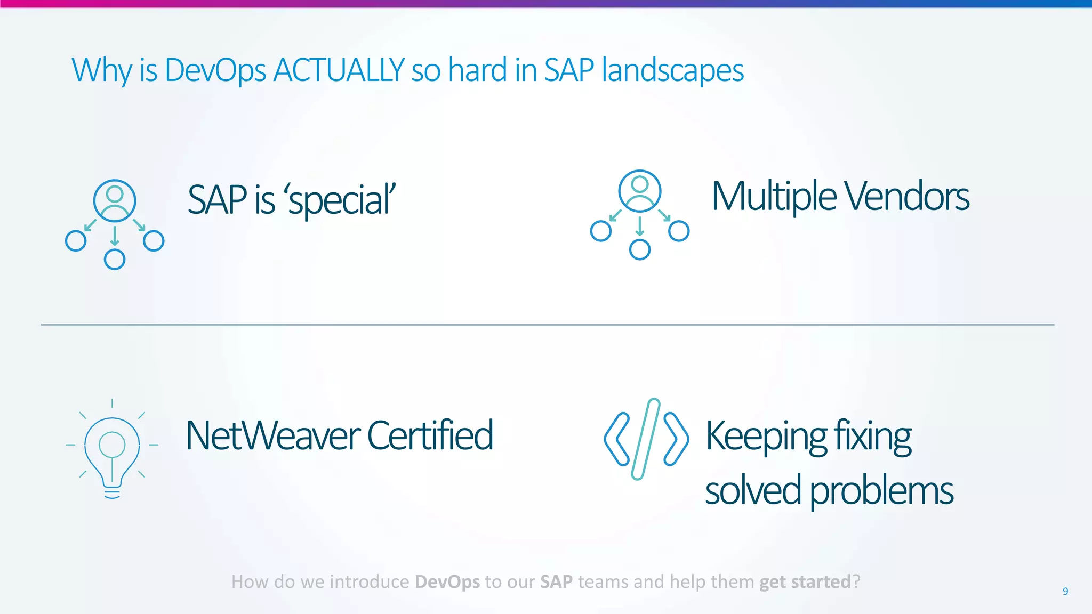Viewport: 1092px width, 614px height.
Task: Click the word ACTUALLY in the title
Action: click(x=339, y=70)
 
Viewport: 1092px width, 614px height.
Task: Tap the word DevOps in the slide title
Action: click(x=215, y=70)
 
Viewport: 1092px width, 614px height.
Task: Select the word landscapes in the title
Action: click(x=672, y=70)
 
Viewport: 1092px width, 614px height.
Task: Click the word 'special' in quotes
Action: click(x=341, y=200)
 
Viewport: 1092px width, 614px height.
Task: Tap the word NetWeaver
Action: click(x=273, y=435)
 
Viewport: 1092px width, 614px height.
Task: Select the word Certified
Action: click(x=430, y=435)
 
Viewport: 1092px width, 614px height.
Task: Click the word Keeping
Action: click(x=766, y=437)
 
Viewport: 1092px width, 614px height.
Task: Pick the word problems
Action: click(x=881, y=491)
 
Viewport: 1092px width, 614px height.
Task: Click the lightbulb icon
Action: click(x=112, y=450)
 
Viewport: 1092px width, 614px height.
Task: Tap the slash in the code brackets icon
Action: click(x=646, y=439)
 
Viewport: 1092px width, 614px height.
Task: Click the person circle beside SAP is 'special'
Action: click(x=115, y=200)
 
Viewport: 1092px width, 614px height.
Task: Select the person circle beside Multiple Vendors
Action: click(x=640, y=191)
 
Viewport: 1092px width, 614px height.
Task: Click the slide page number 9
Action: click(x=1065, y=591)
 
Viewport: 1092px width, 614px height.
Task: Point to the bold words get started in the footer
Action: click(x=805, y=581)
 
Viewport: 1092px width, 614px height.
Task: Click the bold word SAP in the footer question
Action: click(x=556, y=581)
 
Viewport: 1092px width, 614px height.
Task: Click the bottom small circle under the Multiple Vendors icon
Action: click(x=640, y=249)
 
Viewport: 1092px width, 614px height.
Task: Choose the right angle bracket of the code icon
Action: click(x=676, y=439)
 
